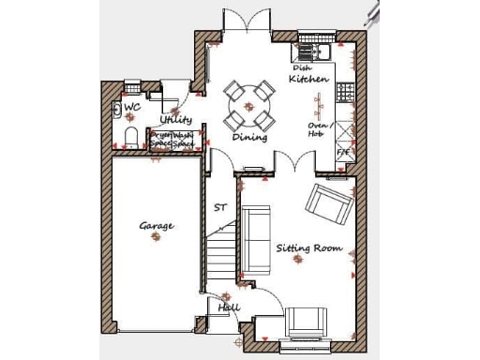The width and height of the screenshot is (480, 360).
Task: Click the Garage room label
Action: click(157, 226)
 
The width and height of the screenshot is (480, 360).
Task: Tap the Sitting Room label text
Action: click(308, 248)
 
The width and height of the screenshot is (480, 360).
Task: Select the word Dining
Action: click(250, 137)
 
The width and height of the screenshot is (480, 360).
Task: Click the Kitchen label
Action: click(308, 80)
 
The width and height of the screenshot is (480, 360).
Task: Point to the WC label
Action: click(132, 108)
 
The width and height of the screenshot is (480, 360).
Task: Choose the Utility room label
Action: click(175, 120)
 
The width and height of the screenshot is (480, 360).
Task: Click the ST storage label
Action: click(220, 207)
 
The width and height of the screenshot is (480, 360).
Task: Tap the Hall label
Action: click(229, 307)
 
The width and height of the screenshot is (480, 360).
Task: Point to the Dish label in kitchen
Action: click(301, 68)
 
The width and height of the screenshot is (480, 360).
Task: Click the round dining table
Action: click(249, 105)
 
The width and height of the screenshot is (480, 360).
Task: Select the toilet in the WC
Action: click(130, 139)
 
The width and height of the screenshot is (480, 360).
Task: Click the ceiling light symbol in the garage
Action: click(156, 238)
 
